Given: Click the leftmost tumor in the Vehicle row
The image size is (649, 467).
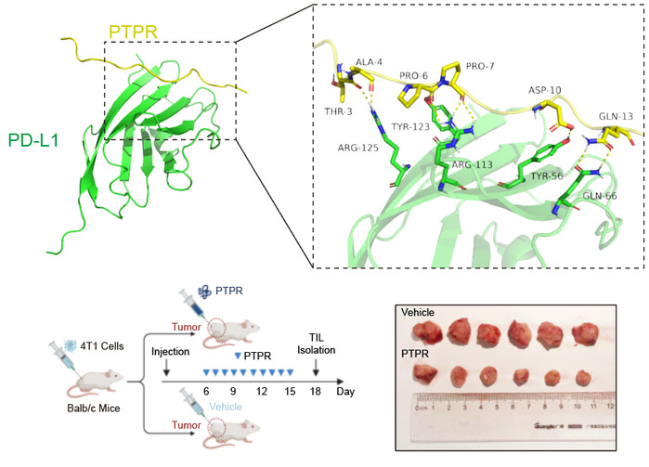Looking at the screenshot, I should pyautogui.click(x=430, y=333).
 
